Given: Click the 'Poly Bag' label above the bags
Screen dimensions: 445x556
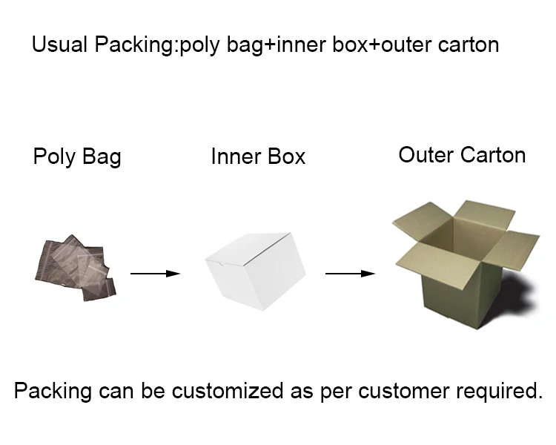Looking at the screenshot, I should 76,157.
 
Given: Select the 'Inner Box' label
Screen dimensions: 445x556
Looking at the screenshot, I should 258,157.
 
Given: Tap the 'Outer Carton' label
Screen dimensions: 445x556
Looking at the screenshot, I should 462,155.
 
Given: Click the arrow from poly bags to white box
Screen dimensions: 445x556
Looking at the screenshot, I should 155,274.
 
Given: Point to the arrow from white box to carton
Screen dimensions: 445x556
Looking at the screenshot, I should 349,274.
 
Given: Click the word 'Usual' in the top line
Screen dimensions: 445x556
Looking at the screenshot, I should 59,44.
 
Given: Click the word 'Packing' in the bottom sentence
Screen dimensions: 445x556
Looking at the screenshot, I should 50,390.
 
